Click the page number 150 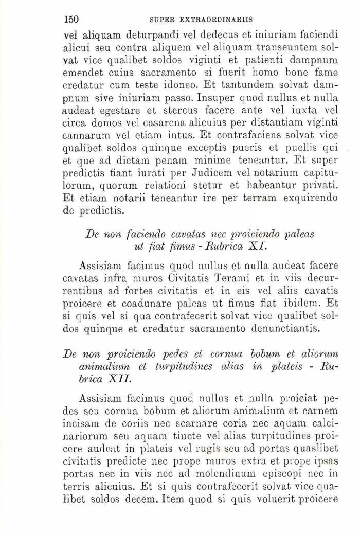pyautogui.click(x=70, y=20)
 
